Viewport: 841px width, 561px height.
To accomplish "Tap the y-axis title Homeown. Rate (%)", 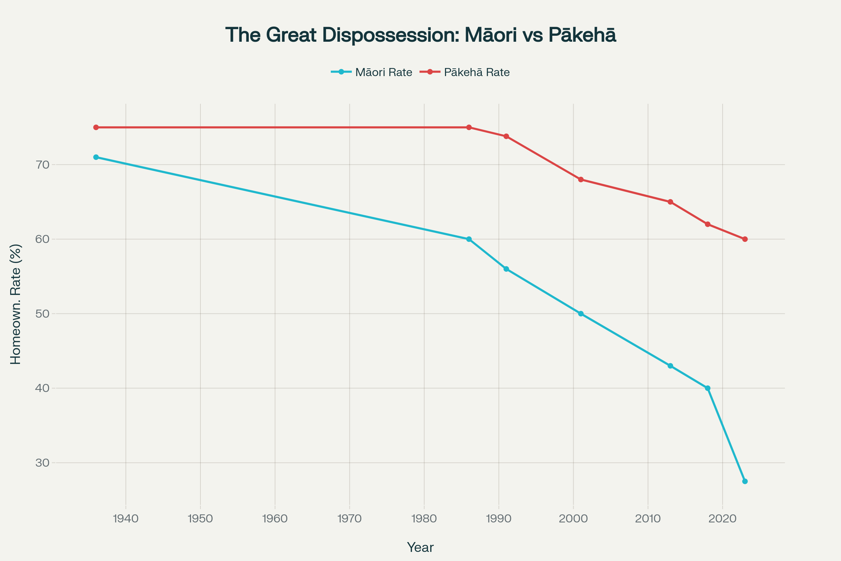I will click(x=16, y=304).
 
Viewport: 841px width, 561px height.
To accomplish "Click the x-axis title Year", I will click(x=420, y=547).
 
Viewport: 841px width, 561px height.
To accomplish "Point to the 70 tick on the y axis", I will click(x=42, y=164).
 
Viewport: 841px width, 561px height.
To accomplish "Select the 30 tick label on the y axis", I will click(x=42, y=462).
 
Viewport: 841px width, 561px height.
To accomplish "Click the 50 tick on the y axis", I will click(x=42, y=314).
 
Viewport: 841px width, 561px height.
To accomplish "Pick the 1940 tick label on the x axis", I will click(x=125, y=519).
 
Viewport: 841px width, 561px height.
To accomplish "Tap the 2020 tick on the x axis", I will click(x=722, y=519).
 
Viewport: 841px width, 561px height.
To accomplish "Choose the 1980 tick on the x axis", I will click(x=424, y=519).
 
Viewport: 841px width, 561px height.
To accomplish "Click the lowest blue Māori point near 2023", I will click(x=745, y=481).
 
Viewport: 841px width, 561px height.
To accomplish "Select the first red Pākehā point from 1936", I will click(x=96, y=127).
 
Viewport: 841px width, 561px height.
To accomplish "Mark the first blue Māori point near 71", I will click(x=96, y=157).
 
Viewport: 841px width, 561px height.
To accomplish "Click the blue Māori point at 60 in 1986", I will click(x=469, y=239).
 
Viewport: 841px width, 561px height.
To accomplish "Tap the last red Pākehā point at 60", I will click(x=745, y=239).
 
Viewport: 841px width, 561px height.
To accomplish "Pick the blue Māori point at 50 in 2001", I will click(x=581, y=314).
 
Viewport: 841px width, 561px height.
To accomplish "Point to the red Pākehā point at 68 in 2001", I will click(x=581, y=180).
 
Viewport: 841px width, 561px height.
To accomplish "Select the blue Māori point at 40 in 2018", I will click(x=707, y=388).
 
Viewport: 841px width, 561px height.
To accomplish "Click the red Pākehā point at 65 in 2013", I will click(x=670, y=202).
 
